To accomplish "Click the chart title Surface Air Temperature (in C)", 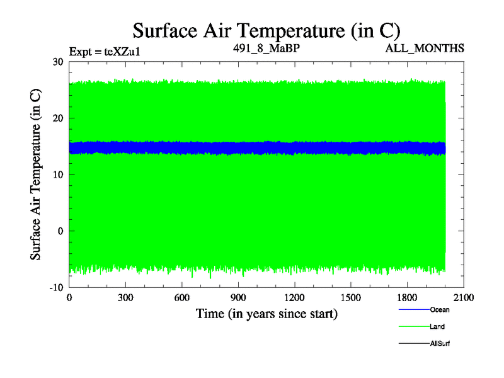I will pos(266,30).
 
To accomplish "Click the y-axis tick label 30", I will pos(58,62).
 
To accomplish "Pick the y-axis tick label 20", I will pos(58,118).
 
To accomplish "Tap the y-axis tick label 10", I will pos(58,175).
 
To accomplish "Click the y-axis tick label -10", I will pos(56,287).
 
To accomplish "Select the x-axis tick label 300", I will pos(125,298).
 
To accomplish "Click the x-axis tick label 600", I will pos(182,298).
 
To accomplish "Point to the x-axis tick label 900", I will pos(238,298).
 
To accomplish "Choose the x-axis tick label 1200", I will pos(294,298).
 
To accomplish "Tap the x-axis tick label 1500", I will pos(351,298).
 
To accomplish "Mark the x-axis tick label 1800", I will pos(407,298).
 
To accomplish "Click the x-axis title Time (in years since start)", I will pos(266,313).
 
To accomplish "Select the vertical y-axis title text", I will pos(37,175).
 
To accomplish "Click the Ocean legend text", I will pos(440,310).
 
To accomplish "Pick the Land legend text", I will pos(437,327).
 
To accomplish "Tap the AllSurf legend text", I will pos(440,344).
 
